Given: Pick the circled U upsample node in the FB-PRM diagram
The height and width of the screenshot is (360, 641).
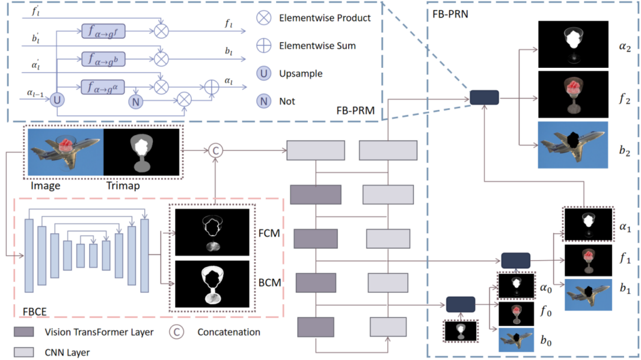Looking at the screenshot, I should click(57, 100).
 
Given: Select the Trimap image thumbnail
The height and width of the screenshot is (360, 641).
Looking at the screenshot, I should click(142, 153).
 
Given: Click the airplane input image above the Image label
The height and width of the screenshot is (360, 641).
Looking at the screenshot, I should click(64, 153).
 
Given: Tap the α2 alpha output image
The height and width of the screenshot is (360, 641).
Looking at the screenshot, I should click(573, 44).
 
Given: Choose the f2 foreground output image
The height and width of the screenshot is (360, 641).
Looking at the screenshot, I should click(573, 94).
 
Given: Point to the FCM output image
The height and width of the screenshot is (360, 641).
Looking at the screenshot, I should click(211, 233).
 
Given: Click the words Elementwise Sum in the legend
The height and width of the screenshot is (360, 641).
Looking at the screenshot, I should click(317, 45).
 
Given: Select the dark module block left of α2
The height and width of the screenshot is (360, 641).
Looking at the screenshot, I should click(484, 97).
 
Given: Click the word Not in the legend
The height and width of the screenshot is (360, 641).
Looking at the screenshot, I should click(287, 102).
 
